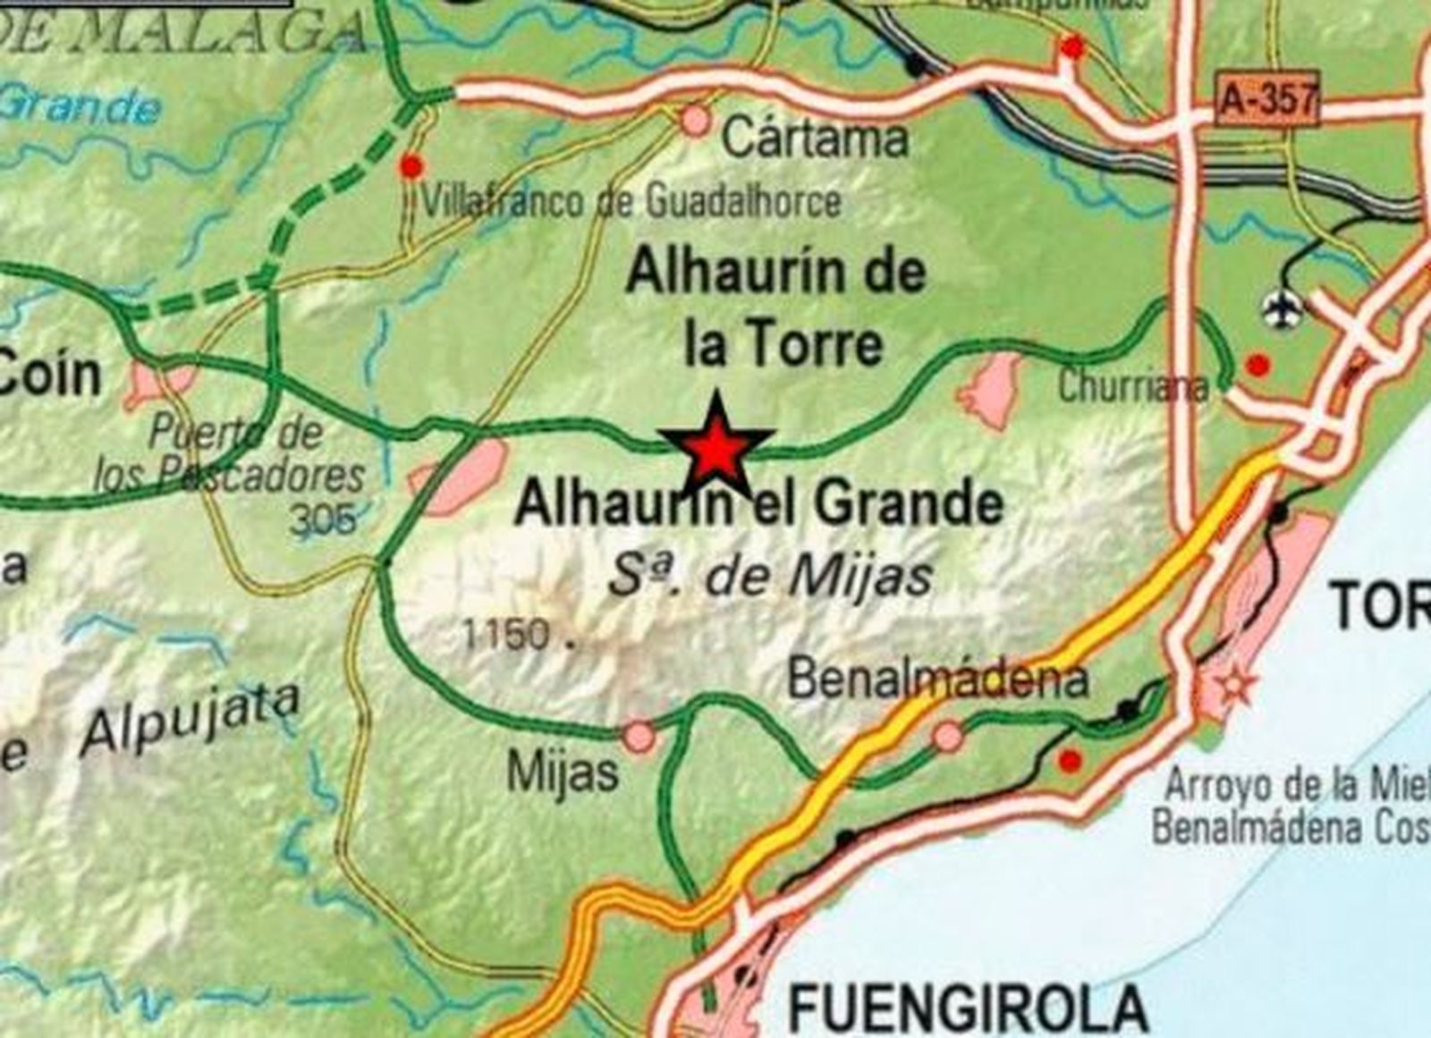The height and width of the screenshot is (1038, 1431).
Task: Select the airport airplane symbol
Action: [1283, 309]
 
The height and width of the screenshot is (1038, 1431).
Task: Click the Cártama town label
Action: [815, 139]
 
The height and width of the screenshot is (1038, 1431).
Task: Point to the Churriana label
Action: [1132, 387]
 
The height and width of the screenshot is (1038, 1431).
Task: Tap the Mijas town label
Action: [563, 771]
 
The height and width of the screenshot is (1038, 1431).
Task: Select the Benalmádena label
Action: [938, 680]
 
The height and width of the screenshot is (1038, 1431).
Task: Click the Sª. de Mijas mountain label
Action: [770, 577]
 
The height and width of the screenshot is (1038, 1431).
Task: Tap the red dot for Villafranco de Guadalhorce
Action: [411, 165]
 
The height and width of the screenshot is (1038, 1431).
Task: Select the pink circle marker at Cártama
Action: [695, 120]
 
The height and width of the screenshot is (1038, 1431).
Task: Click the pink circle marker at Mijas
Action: [639, 736]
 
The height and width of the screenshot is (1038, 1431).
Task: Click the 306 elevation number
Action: [323, 519]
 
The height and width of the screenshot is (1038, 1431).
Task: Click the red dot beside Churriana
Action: [1258, 365]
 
